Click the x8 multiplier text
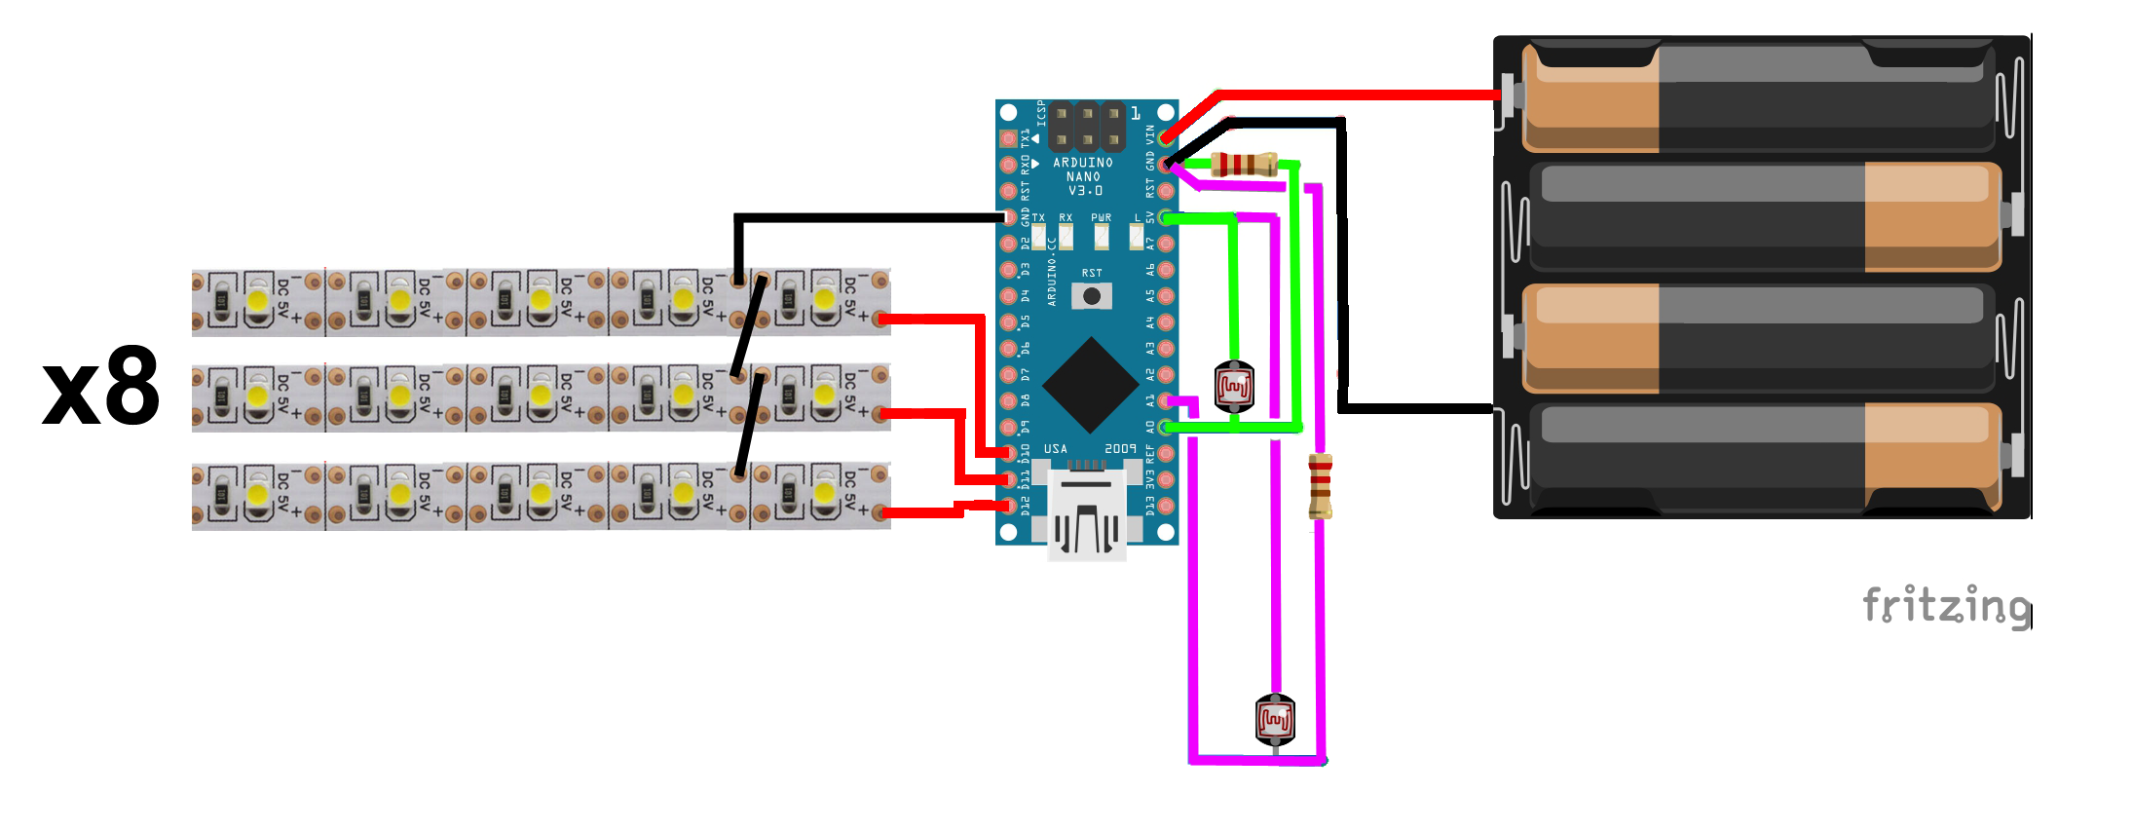click(101, 388)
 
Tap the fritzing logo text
click(1945, 606)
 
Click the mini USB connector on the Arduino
click(1087, 517)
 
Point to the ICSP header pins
click(1087, 127)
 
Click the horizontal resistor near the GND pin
click(1243, 165)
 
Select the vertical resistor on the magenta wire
click(1320, 486)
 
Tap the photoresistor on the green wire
click(1234, 387)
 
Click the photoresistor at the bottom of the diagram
click(1275, 720)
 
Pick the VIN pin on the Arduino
click(1166, 138)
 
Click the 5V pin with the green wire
click(1166, 217)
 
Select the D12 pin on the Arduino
click(1009, 505)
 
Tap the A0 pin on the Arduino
click(1166, 427)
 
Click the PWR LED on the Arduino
click(1102, 236)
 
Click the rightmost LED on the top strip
click(824, 299)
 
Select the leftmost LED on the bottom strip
click(257, 494)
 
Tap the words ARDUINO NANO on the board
click(1083, 170)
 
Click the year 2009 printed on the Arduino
click(1120, 449)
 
